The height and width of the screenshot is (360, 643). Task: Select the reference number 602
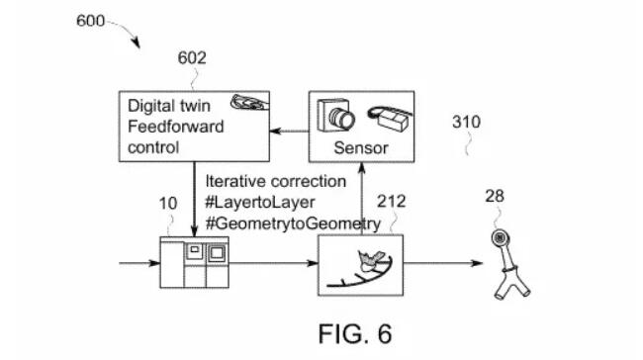click(x=192, y=57)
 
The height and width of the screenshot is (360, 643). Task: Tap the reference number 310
click(x=466, y=123)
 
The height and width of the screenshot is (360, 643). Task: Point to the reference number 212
click(x=392, y=202)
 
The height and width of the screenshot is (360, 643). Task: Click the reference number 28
click(x=494, y=197)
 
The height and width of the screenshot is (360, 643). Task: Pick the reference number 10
click(x=168, y=203)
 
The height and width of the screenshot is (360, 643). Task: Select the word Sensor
click(x=359, y=148)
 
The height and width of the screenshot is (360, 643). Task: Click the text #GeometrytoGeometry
click(x=293, y=224)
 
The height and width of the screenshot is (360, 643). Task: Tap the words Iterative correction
click(x=275, y=182)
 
